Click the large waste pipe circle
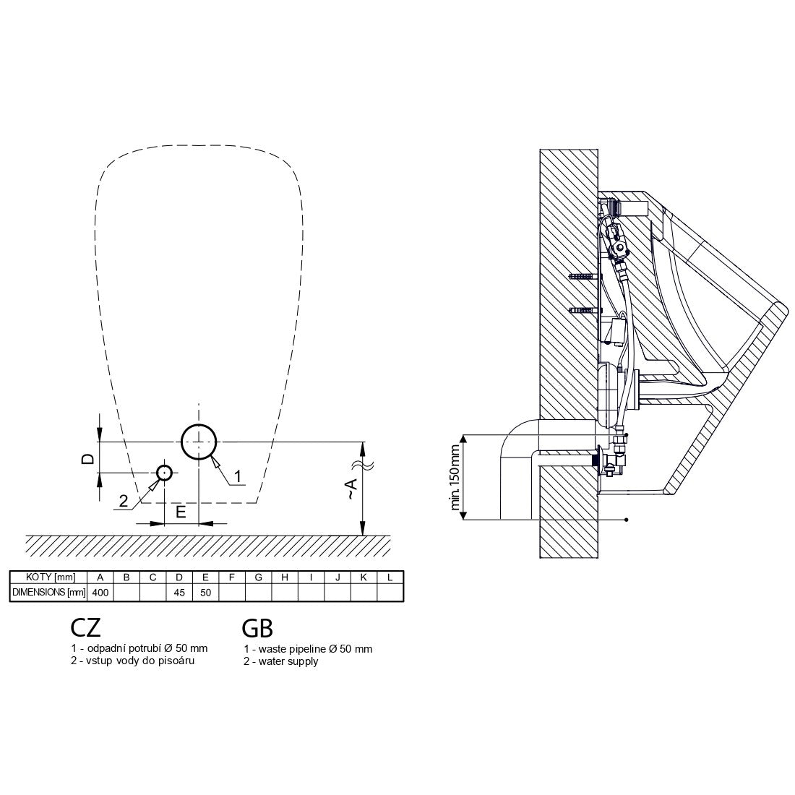click(x=181, y=442)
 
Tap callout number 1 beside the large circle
click(x=237, y=476)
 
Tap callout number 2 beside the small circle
click(x=124, y=501)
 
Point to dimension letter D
click(x=88, y=459)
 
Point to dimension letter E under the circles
click(x=181, y=512)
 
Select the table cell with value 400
click(x=100, y=592)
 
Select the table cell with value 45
click(x=179, y=592)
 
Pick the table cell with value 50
click(x=205, y=592)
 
